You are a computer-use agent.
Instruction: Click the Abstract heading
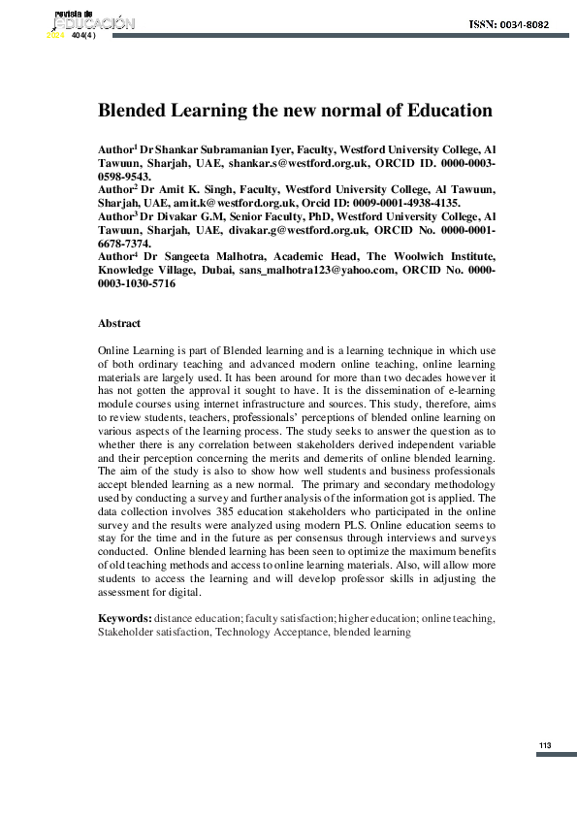pos(119,323)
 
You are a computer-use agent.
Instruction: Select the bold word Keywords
pos(124,618)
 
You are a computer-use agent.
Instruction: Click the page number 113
pos(544,745)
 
